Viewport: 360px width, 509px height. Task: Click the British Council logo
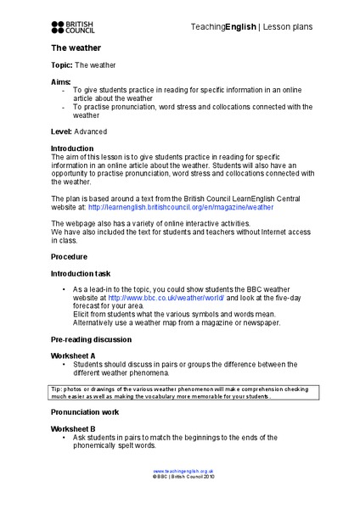tap(74, 27)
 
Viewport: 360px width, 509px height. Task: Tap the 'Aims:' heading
tap(61, 81)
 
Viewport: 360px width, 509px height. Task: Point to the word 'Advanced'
tap(93, 132)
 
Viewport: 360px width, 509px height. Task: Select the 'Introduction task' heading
tap(87, 274)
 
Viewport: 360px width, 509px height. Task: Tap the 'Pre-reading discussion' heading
tap(91, 339)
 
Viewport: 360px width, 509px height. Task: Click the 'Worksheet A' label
tap(73, 355)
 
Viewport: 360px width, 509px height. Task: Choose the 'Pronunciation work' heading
tap(85, 412)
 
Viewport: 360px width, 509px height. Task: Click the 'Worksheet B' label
tap(73, 429)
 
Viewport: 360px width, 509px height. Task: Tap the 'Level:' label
tap(61, 132)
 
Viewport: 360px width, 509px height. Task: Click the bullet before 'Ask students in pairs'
tap(65, 438)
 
